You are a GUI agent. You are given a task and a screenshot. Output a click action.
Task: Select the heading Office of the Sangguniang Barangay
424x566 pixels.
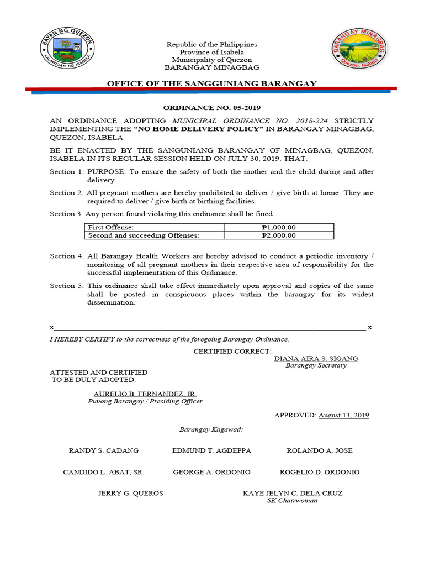212,83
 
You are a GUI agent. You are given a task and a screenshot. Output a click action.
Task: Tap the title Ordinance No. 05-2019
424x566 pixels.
212,108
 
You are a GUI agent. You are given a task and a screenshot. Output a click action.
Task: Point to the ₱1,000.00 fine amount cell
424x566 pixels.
279,227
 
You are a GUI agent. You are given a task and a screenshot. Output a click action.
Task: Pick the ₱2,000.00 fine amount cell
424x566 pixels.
279,235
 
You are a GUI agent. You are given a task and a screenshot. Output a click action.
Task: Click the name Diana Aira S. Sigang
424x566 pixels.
316,358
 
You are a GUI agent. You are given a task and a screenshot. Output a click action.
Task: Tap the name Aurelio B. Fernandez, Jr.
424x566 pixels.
145,394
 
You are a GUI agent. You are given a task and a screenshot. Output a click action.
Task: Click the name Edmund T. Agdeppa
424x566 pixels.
211,450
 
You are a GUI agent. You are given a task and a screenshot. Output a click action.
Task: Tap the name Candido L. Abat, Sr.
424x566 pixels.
104,472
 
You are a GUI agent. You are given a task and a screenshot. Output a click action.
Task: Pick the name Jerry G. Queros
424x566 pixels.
131,493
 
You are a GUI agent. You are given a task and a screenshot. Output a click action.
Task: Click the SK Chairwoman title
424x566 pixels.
292,501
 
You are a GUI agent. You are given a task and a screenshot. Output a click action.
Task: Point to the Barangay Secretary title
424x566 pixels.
316,365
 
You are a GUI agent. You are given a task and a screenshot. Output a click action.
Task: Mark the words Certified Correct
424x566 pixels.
232,352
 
